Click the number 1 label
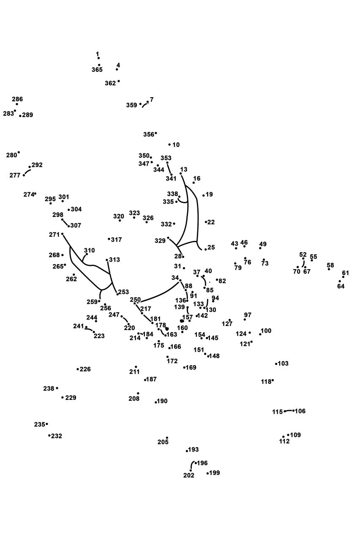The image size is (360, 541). [x=97, y=54]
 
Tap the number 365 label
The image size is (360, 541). [x=97, y=70]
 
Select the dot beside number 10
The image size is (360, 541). [x=169, y=145]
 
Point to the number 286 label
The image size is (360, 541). [x=17, y=99]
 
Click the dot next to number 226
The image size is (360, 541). [x=78, y=369]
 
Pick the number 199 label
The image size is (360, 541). [x=215, y=473]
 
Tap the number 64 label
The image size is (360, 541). [x=341, y=286]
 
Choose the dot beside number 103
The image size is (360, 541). [x=276, y=364]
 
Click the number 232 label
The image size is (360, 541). [x=57, y=436]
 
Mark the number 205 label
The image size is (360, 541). [x=163, y=442]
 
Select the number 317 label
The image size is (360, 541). [x=116, y=240]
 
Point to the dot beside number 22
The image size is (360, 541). [x=206, y=222]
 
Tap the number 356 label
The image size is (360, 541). [x=149, y=134]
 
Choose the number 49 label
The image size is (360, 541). [x=263, y=244]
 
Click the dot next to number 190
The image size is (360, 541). [x=156, y=402]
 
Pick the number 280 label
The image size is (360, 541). [x=11, y=155]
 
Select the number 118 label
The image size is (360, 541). [x=266, y=382]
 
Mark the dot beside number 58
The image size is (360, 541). [x=329, y=269]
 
